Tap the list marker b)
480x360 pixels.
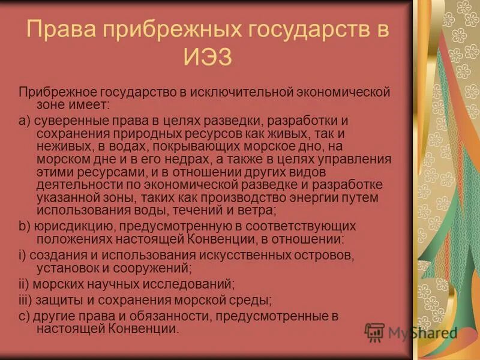pos(24,226)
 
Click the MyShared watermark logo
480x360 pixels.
pos(411,332)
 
